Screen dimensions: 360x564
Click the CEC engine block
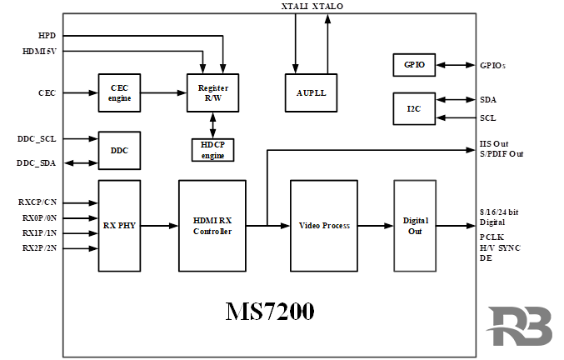point(119,92)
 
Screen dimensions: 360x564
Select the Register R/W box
point(212,92)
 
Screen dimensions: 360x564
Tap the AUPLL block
point(311,92)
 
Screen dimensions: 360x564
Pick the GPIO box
point(414,65)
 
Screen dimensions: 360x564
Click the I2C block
point(414,108)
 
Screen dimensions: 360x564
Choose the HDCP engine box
point(212,150)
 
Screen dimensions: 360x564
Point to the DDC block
point(119,151)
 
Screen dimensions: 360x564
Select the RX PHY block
point(119,225)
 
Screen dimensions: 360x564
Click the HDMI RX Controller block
point(212,225)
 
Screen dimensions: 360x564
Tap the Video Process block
point(323,225)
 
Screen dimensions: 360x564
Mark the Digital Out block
point(414,225)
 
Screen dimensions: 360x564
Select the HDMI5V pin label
point(39,52)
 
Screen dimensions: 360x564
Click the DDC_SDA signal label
point(36,163)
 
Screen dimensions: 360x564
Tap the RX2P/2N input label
point(39,248)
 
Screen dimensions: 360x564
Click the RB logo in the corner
point(520,327)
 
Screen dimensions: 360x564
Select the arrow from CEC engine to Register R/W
point(162,92)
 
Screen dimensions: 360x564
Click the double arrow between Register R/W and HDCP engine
point(212,122)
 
